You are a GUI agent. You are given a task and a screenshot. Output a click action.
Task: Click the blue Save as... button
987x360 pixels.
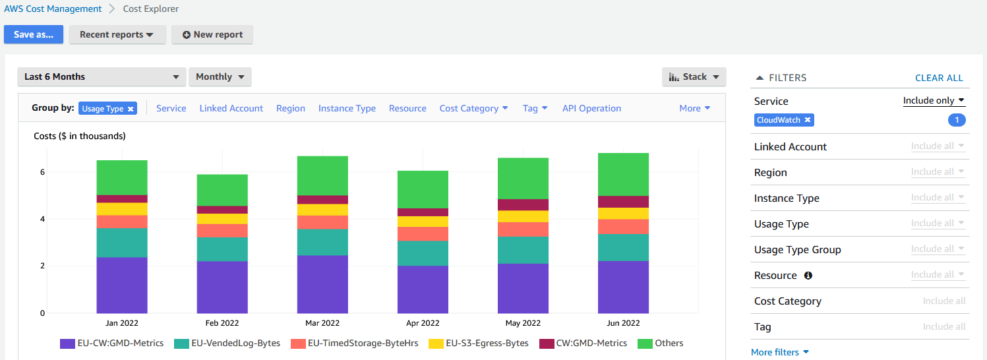(34, 35)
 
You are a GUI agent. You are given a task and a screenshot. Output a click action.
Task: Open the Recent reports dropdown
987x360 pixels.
(117, 35)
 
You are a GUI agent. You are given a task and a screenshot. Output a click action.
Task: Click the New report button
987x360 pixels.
(212, 35)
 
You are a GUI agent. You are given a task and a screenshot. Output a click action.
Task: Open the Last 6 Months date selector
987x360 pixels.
(102, 77)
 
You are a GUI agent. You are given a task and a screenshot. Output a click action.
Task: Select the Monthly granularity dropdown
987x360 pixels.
(220, 77)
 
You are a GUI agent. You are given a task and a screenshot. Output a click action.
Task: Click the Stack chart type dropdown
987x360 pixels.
(694, 77)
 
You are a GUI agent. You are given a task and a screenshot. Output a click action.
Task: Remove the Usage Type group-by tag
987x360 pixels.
(131, 109)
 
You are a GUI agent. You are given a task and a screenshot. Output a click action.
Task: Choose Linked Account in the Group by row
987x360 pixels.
(231, 108)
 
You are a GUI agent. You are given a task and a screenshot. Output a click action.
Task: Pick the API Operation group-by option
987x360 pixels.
(591, 108)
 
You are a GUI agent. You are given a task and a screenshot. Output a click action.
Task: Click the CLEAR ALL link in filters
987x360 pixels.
(939, 78)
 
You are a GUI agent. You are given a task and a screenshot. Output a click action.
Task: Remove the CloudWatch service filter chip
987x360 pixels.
(808, 120)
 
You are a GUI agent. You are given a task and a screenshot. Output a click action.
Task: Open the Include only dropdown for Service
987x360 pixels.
(934, 101)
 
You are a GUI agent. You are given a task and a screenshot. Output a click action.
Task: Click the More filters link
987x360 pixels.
(779, 352)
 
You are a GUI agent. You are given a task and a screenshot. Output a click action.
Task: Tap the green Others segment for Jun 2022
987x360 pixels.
(623, 174)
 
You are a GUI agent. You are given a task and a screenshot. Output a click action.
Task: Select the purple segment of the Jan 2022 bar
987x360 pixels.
(122, 285)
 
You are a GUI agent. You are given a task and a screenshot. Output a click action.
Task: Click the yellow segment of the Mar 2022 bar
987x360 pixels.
(322, 210)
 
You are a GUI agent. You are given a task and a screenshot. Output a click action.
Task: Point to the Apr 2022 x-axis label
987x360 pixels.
(423, 323)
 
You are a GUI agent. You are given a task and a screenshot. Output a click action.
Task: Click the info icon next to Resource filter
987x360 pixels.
(808, 276)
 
